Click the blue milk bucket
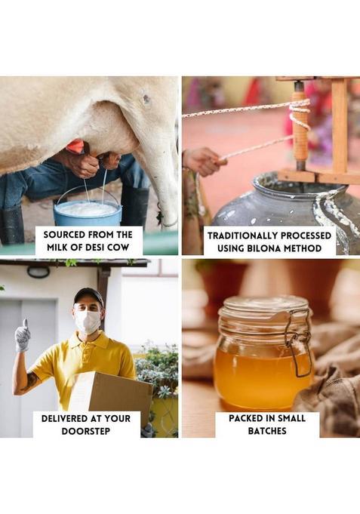click(88, 211)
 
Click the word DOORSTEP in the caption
click(86, 431)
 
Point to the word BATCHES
click(267, 431)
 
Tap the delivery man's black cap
click(88, 295)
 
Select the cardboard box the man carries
click(112, 392)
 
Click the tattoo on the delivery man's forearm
click(32, 381)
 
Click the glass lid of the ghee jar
click(264, 306)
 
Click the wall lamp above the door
click(38, 272)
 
